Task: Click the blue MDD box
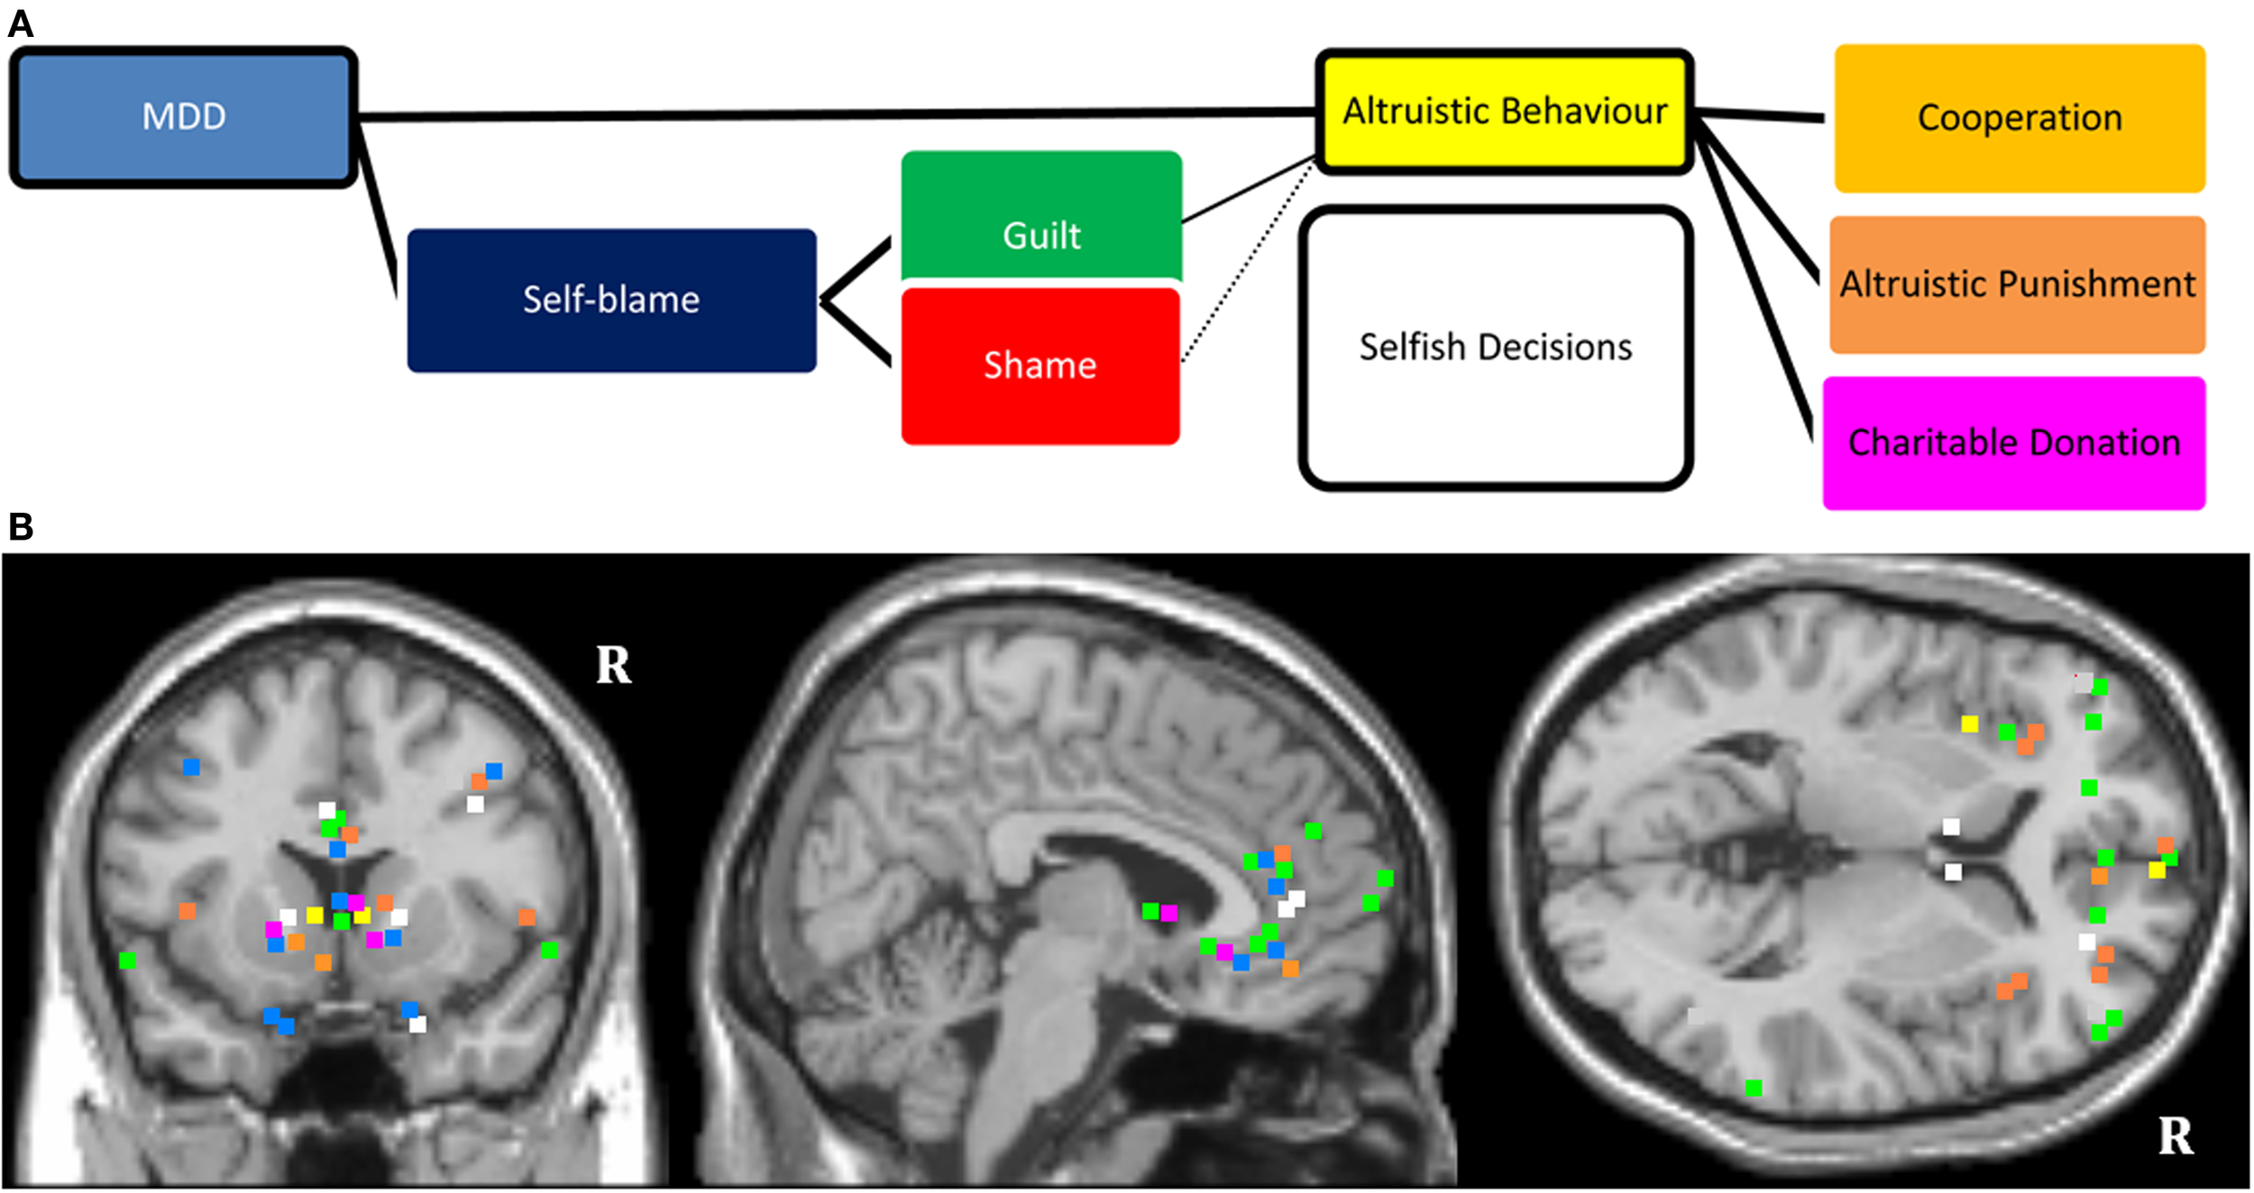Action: click(x=184, y=117)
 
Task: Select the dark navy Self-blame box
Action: click(x=611, y=300)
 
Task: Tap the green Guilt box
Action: click(x=1041, y=216)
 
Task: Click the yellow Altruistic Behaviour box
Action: click(x=1504, y=112)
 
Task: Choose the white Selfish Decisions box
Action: click(x=1495, y=348)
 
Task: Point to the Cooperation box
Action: click(x=2020, y=118)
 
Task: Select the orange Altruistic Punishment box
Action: click(x=2017, y=285)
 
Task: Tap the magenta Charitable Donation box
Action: click(x=2014, y=443)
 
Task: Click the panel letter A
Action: click(x=20, y=24)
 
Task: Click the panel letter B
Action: click(x=20, y=527)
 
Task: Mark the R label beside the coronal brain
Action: click(x=613, y=666)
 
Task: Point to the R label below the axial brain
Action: click(x=2175, y=1136)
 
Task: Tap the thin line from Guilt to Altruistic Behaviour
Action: click(x=1249, y=189)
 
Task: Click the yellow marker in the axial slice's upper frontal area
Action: click(x=1969, y=724)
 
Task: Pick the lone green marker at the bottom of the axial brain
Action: click(x=1753, y=1088)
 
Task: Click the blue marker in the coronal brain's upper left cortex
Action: click(x=191, y=767)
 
